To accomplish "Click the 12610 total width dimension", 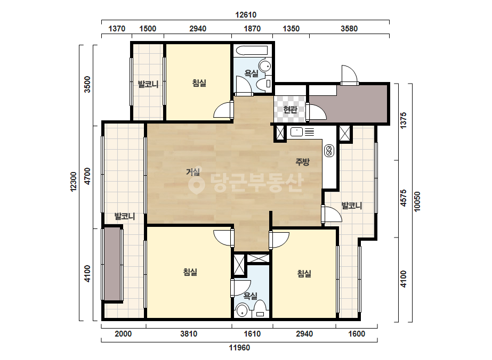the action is [x=246, y=15].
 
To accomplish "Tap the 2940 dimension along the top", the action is [x=198, y=29].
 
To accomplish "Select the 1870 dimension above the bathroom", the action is [x=252, y=29].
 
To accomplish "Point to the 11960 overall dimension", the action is [x=239, y=347].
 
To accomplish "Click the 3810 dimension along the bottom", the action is [x=189, y=334].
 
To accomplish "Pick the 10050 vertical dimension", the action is [x=417, y=202].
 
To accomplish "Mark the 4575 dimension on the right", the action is [x=404, y=198].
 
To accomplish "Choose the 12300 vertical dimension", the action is [x=74, y=182].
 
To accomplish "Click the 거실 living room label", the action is [x=193, y=172].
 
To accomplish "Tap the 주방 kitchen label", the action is [x=302, y=162].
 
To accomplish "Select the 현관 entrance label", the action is [x=290, y=110].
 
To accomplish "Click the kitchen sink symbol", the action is [x=296, y=132].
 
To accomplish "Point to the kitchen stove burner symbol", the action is [x=329, y=151].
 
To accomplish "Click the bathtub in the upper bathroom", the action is [x=252, y=51].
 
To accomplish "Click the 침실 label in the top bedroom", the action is [x=199, y=83].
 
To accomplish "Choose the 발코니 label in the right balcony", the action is [x=352, y=206].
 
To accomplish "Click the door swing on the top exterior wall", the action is [x=349, y=75].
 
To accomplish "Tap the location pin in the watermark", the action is [x=196, y=184].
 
